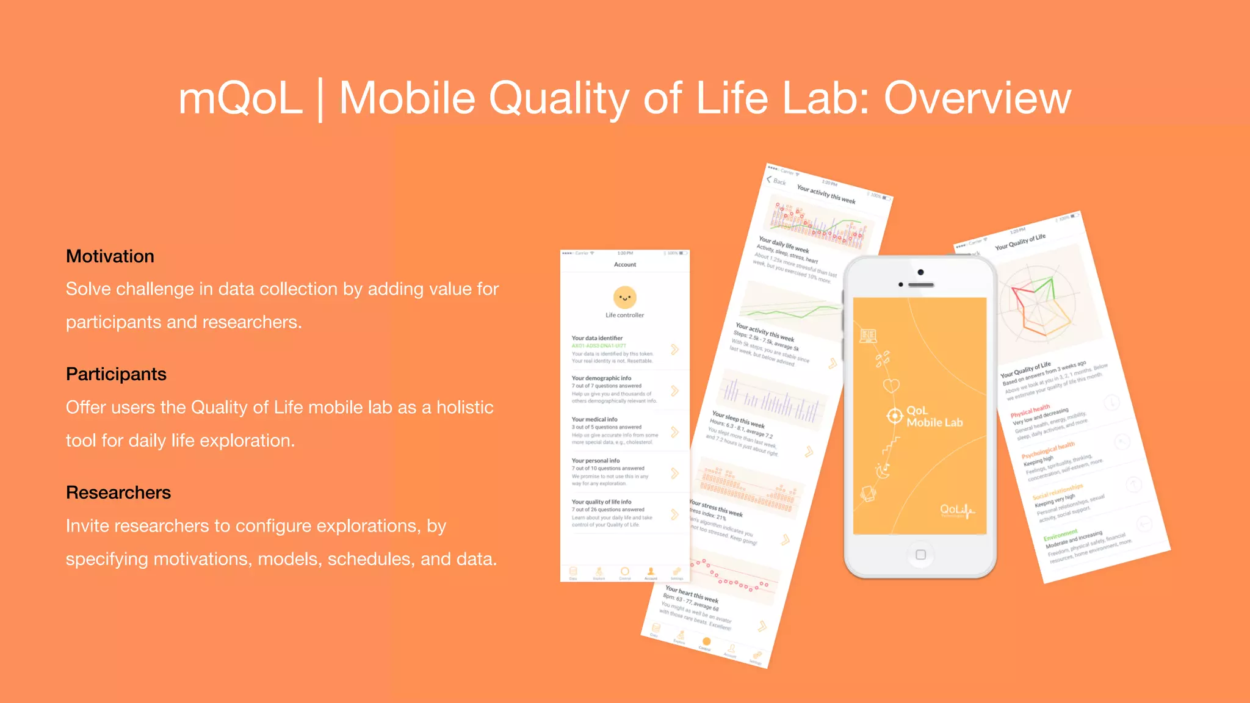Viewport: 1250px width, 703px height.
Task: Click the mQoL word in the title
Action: click(x=240, y=99)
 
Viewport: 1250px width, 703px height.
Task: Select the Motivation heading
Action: click(x=110, y=256)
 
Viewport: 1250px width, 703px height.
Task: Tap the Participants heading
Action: click(x=116, y=374)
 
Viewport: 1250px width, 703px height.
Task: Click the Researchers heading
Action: click(x=118, y=492)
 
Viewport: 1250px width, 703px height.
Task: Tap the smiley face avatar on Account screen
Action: click(x=624, y=298)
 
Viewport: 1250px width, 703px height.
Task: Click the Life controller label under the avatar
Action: click(x=624, y=315)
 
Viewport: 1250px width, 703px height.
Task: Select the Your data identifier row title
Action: click(x=597, y=338)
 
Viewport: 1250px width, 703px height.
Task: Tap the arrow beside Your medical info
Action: click(x=674, y=432)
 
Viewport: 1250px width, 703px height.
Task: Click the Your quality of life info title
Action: click(x=601, y=502)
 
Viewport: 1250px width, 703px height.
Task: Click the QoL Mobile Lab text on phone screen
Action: click(x=934, y=416)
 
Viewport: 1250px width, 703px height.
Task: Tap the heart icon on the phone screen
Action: click(x=891, y=385)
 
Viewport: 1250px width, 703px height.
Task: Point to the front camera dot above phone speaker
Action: click(x=920, y=272)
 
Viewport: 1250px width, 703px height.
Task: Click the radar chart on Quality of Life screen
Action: click(x=1038, y=305)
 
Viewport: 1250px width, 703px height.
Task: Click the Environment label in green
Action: click(x=1060, y=535)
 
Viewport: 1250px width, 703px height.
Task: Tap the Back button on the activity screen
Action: click(x=776, y=181)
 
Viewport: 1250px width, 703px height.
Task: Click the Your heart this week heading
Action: click(x=691, y=594)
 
